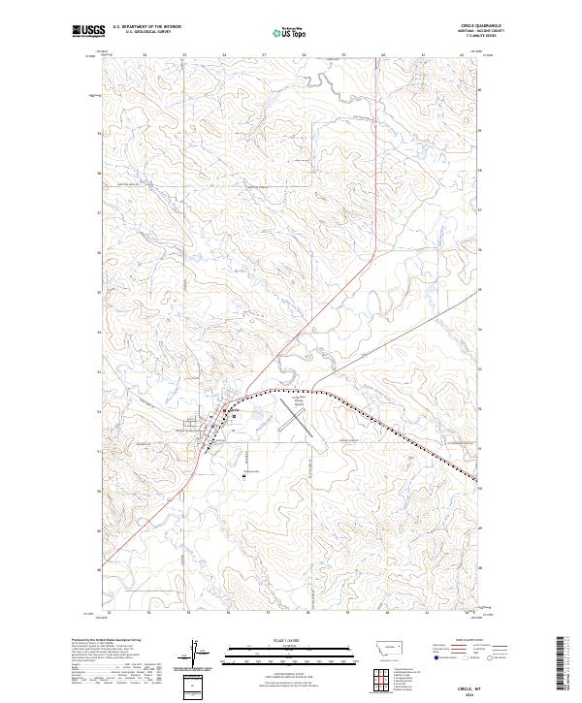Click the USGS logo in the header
click(88, 31)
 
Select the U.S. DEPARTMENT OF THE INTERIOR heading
click(146, 26)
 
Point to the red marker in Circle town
click(228, 410)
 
